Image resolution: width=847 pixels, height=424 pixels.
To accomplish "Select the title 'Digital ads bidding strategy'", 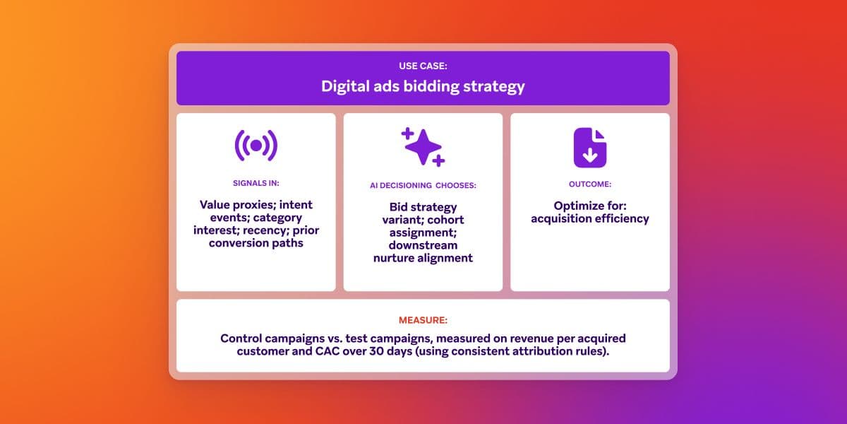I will point(423,86).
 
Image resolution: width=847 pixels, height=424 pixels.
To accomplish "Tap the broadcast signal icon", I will point(256,146).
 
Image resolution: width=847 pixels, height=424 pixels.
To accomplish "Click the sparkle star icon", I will point(422,147).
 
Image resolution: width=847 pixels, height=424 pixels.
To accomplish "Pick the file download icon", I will point(590,148).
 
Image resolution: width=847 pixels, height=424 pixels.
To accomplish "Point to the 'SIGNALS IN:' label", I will point(256,183).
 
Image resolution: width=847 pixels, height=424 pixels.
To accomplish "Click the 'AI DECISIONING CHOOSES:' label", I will point(423,186).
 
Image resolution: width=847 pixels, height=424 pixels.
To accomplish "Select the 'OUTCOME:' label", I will point(590,184).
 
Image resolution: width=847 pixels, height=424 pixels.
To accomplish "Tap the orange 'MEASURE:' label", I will point(423,320).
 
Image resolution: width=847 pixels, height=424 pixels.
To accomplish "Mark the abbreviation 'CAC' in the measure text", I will point(311,351).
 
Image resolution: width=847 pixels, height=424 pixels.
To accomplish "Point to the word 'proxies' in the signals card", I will point(258,205).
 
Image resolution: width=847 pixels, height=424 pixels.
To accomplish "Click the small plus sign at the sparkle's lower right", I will point(438,160).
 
